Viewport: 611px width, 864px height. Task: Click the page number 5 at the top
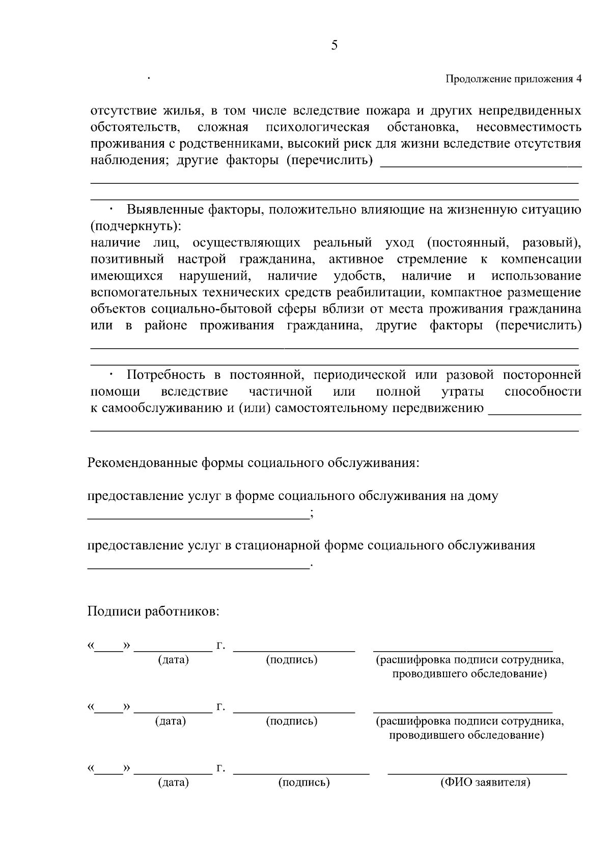pyautogui.click(x=334, y=45)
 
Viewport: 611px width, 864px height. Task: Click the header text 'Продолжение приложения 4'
pyautogui.click(x=513, y=79)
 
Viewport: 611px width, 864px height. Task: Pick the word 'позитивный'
pyautogui.click(x=127, y=259)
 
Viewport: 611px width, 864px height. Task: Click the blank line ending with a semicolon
pyautogui.click(x=199, y=518)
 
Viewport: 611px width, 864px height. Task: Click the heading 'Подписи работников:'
pyautogui.click(x=153, y=611)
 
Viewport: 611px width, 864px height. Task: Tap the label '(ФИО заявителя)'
pyautogui.click(x=485, y=783)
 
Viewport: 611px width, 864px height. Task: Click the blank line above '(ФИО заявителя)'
pyautogui.click(x=477, y=773)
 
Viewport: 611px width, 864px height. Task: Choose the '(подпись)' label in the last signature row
pyautogui.click(x=303, y=783)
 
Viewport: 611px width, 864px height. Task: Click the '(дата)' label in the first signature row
pyautogui.click(x=173, y=660)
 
